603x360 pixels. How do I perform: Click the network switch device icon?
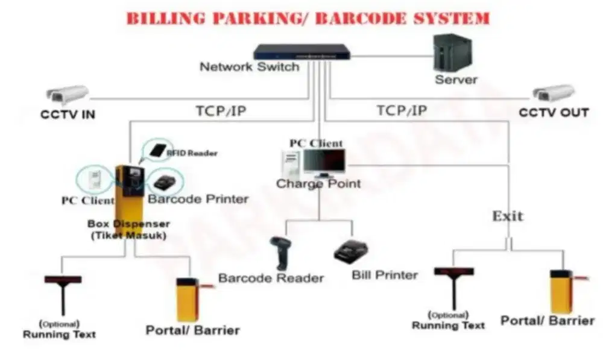pyautogui.click(x=301, y=51)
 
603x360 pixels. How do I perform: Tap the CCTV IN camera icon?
pyautogui.click(x=68, y=95)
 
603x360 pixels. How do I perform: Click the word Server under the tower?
pyautogui.click(x=456, y=80)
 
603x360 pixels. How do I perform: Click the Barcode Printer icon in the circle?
pyautogui.click(x=165, y=181)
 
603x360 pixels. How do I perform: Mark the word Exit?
pyautogui.click(x=508, y=216)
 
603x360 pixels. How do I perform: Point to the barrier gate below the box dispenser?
pyautogui.click(x=187, y=298)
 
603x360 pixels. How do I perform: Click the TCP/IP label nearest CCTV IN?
pyautogui.click(x=221, y=112)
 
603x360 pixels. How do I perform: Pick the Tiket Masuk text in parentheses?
pyautogui.click(x=128, y=236)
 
